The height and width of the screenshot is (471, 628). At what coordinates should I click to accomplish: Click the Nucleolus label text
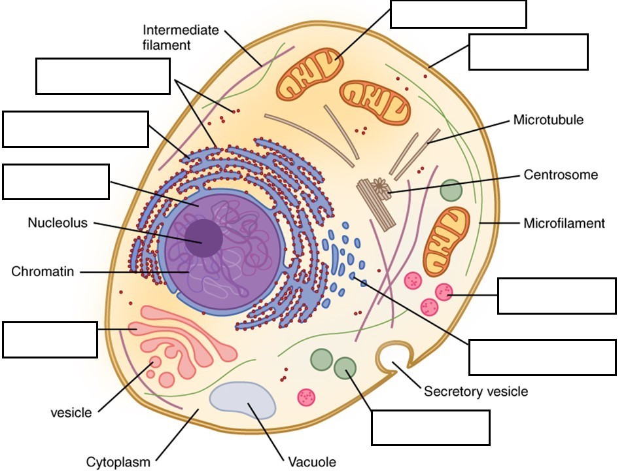(57, 222)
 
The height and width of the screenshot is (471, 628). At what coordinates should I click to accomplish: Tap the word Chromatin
(42, 271)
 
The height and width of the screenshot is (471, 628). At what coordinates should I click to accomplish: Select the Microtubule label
(548, 120)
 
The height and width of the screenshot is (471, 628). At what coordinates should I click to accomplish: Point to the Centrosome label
(561, 175)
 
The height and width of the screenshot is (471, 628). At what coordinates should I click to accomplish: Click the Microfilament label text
(564, 224)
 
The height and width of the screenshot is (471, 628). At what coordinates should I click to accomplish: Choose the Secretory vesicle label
(476, 392)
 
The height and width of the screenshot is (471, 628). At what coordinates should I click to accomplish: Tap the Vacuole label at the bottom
(312, 462)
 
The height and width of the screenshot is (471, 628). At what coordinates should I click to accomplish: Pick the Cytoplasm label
(118, 462)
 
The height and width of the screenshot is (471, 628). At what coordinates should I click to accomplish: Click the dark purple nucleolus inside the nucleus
(203, 238)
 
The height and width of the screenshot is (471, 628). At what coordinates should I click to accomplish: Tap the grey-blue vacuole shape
(242, 400)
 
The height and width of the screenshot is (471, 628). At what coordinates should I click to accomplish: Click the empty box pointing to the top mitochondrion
(458, 14)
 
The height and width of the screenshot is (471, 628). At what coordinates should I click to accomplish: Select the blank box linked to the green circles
(430, 427)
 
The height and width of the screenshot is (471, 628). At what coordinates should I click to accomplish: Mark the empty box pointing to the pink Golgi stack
(50, 340)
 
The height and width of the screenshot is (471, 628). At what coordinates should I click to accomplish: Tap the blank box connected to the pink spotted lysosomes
(556, 296)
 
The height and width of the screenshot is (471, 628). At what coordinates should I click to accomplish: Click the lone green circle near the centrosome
(451, 190)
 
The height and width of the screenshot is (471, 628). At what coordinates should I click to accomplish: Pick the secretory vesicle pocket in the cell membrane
(391, 356)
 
